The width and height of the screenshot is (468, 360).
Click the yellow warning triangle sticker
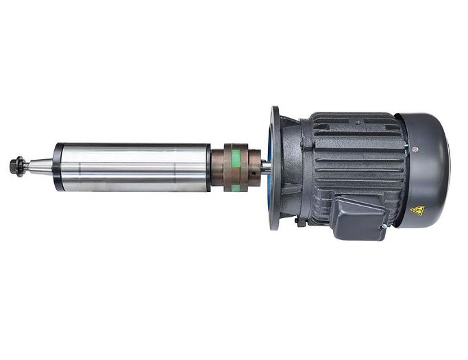(417, 211)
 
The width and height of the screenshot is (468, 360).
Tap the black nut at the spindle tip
(16, 167)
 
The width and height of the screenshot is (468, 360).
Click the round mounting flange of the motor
(275, 167)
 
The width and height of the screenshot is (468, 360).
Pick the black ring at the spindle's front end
(59, 167)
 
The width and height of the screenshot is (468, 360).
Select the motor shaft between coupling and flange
(264, 167)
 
